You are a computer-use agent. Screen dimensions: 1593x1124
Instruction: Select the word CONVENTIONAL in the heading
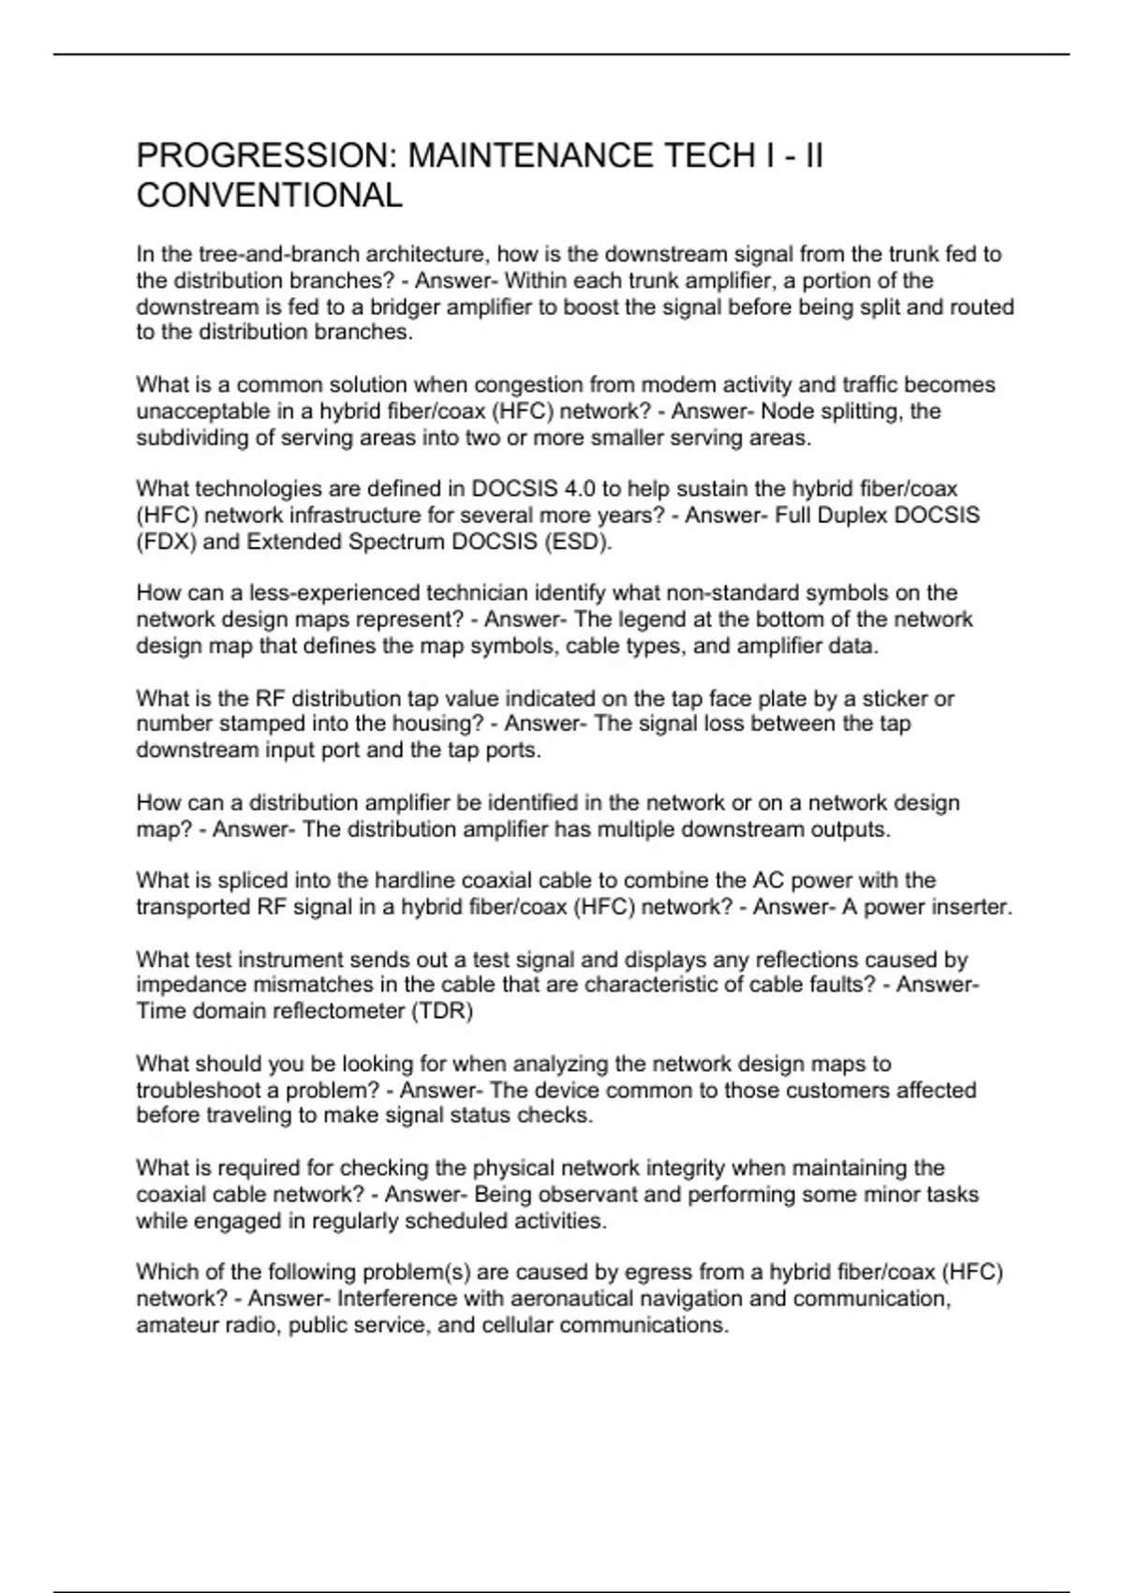tap(270, 196)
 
